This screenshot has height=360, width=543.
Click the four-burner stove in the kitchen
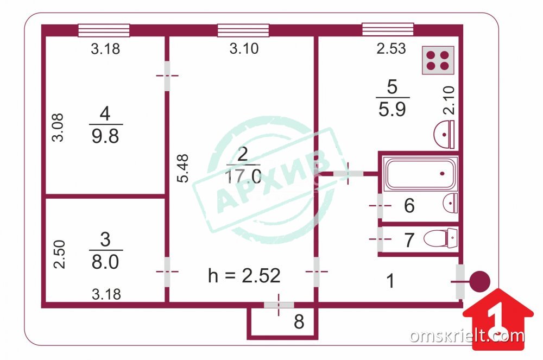(438, 60)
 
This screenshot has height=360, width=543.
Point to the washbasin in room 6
(450, 204)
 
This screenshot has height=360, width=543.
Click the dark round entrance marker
(479, 282)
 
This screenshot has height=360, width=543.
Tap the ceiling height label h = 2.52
(244, 276)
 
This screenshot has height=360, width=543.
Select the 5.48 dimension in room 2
(185, 169)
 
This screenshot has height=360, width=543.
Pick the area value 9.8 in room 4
(105, 134)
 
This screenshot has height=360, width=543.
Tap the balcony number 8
(299, 322)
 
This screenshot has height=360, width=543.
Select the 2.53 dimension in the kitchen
(392, 49)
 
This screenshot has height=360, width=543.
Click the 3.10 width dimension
(244, 49)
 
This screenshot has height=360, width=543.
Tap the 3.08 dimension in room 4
(58, 127)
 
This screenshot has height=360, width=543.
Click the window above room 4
(104, 30)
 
